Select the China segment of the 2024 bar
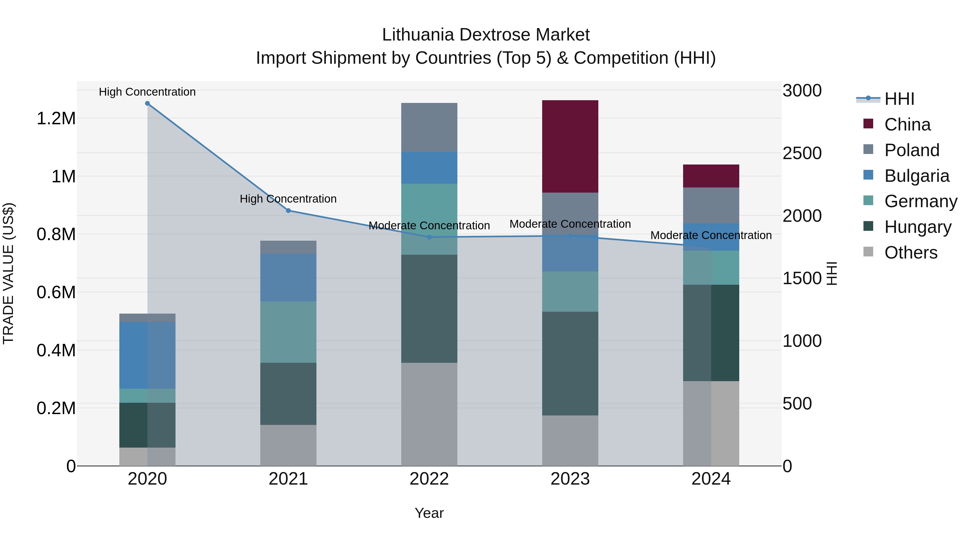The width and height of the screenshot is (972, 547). pos(711,176)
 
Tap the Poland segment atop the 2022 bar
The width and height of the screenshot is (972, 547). pos(429,127)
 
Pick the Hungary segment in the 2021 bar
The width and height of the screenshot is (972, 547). pos(288,394)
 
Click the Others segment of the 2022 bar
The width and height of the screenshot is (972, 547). pos(429,414)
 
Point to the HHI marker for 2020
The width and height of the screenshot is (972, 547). pos(147,103)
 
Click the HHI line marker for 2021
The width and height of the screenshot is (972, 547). pos(288,211)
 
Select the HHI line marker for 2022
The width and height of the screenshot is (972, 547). pos(429,237)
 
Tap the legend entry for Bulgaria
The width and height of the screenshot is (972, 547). pos(916,176)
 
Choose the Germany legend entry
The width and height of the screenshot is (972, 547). pos(920,201)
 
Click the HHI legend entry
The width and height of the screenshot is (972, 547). pos(899,99)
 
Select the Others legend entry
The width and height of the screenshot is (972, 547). pos(910,253)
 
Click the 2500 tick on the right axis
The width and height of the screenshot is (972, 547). pos(802,153)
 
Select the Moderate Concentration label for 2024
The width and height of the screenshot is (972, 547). pos(711,235)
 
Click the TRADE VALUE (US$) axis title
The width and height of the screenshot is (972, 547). pos(8,273)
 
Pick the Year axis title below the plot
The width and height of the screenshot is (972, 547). pos(429,513)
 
